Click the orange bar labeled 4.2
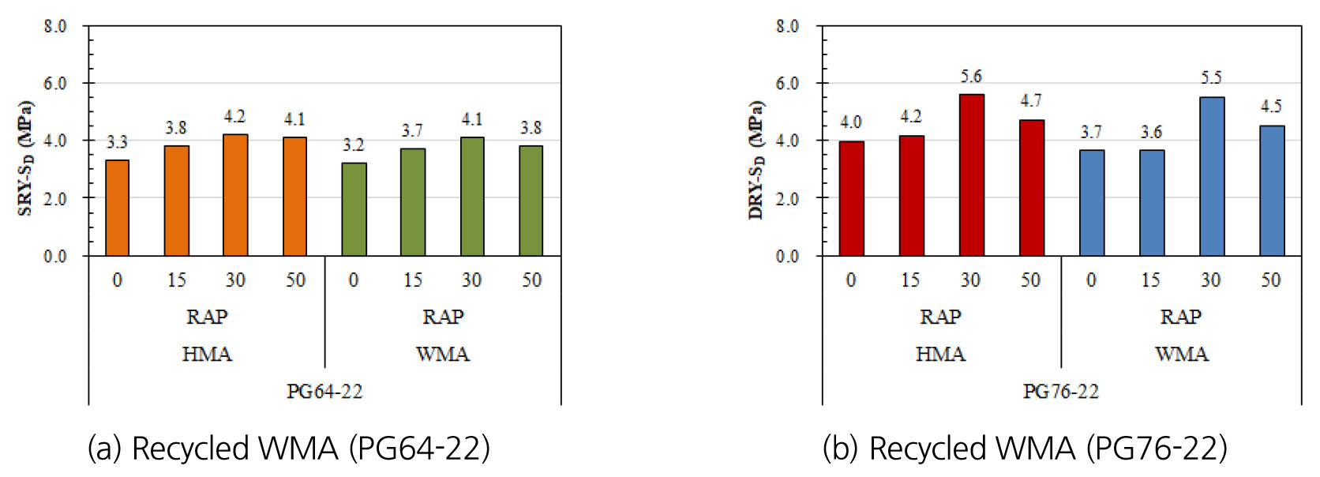235,195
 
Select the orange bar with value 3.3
117,208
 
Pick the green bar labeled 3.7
413,202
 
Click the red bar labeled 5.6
971,175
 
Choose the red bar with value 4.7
1031,188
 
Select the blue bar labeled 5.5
1211,176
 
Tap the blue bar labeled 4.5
1271,190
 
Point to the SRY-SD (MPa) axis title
25,158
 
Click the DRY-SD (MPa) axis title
756,160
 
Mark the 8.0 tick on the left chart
55,26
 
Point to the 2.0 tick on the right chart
787,198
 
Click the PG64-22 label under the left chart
324,392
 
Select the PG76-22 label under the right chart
1060,392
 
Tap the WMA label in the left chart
442,354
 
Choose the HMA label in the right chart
940,354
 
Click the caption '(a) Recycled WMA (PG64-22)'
288,449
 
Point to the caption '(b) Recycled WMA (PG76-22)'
1025,449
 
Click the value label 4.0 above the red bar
850,122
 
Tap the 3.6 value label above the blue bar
1151,132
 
